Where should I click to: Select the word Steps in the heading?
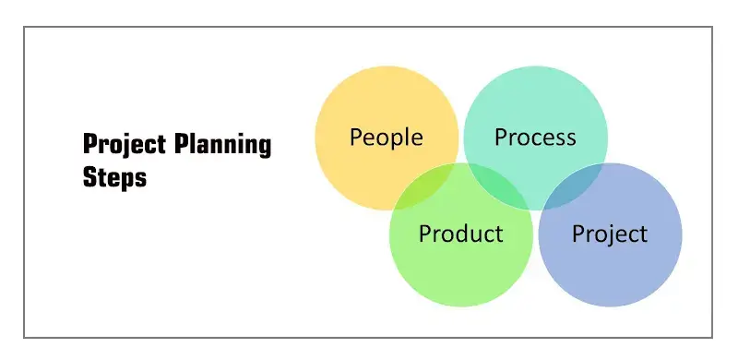pos(114,177)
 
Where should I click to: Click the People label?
pos(386,138)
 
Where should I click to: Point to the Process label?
pos(535,138)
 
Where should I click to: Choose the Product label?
pos(460,234)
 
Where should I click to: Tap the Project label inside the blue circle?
pos(610,234)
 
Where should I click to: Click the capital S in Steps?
pos(89,177)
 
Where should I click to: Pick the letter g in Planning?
pos(265,148)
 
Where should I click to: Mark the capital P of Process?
pos(501,138)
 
